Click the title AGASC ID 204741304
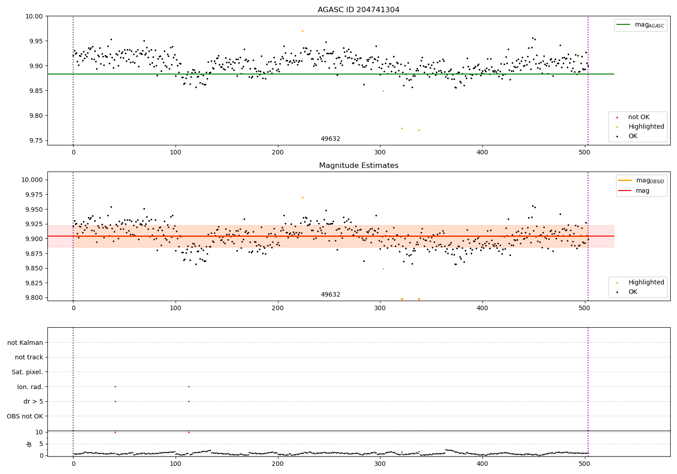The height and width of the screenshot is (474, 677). click(358, 10)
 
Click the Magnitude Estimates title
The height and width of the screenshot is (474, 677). click(358, 166)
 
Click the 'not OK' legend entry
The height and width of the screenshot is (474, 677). click(639, 117)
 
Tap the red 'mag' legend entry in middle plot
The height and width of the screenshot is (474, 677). click(642, 191)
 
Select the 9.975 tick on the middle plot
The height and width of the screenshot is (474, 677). click(32, 195)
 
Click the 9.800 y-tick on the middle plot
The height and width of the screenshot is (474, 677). click(32, 297)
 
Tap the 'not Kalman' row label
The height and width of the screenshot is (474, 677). click(25, 343)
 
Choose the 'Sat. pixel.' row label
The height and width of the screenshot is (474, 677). click(27, 372)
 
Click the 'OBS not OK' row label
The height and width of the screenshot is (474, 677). click(25, 416)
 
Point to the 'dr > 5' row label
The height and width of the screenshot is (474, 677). click(33, 401)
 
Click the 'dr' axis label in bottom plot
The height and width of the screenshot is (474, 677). click(29, 444)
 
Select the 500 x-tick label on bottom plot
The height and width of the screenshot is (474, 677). click(585, 464)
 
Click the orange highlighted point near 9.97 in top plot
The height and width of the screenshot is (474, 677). click(302, 31)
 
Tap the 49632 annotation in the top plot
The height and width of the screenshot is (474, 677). click(330, 139)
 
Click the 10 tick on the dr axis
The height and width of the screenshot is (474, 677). click(39, 432)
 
